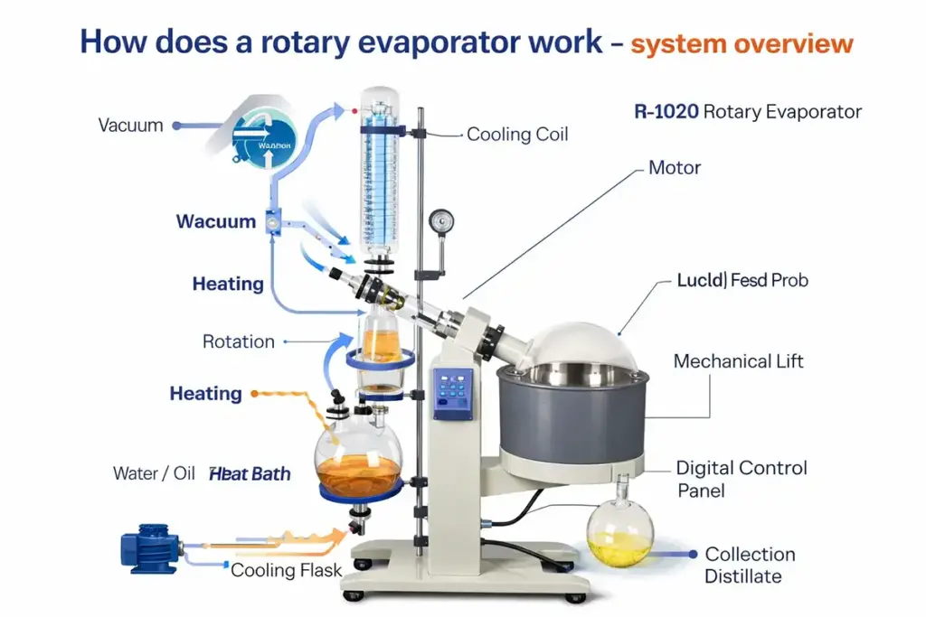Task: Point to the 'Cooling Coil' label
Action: pos(517,135)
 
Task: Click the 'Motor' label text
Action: pos(675,168)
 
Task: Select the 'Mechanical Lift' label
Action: pos(738,361)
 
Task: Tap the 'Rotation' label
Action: pos(238,341)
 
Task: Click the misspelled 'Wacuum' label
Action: pos(216,221)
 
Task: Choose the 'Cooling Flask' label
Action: pos(286,570)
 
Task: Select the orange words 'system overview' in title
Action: pos(742,43)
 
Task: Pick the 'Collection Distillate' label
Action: pos(750,565)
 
